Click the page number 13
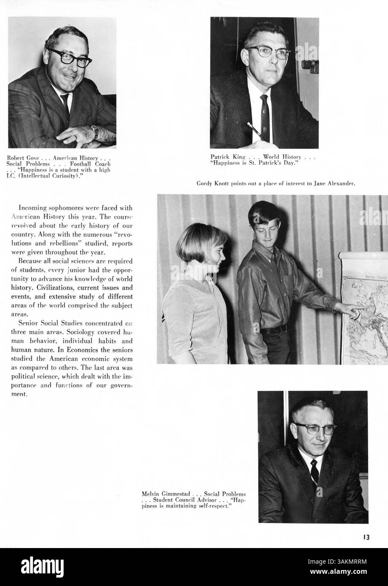(365, 537)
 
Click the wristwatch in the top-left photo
(95, 132)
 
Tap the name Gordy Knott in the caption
(212, 183)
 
